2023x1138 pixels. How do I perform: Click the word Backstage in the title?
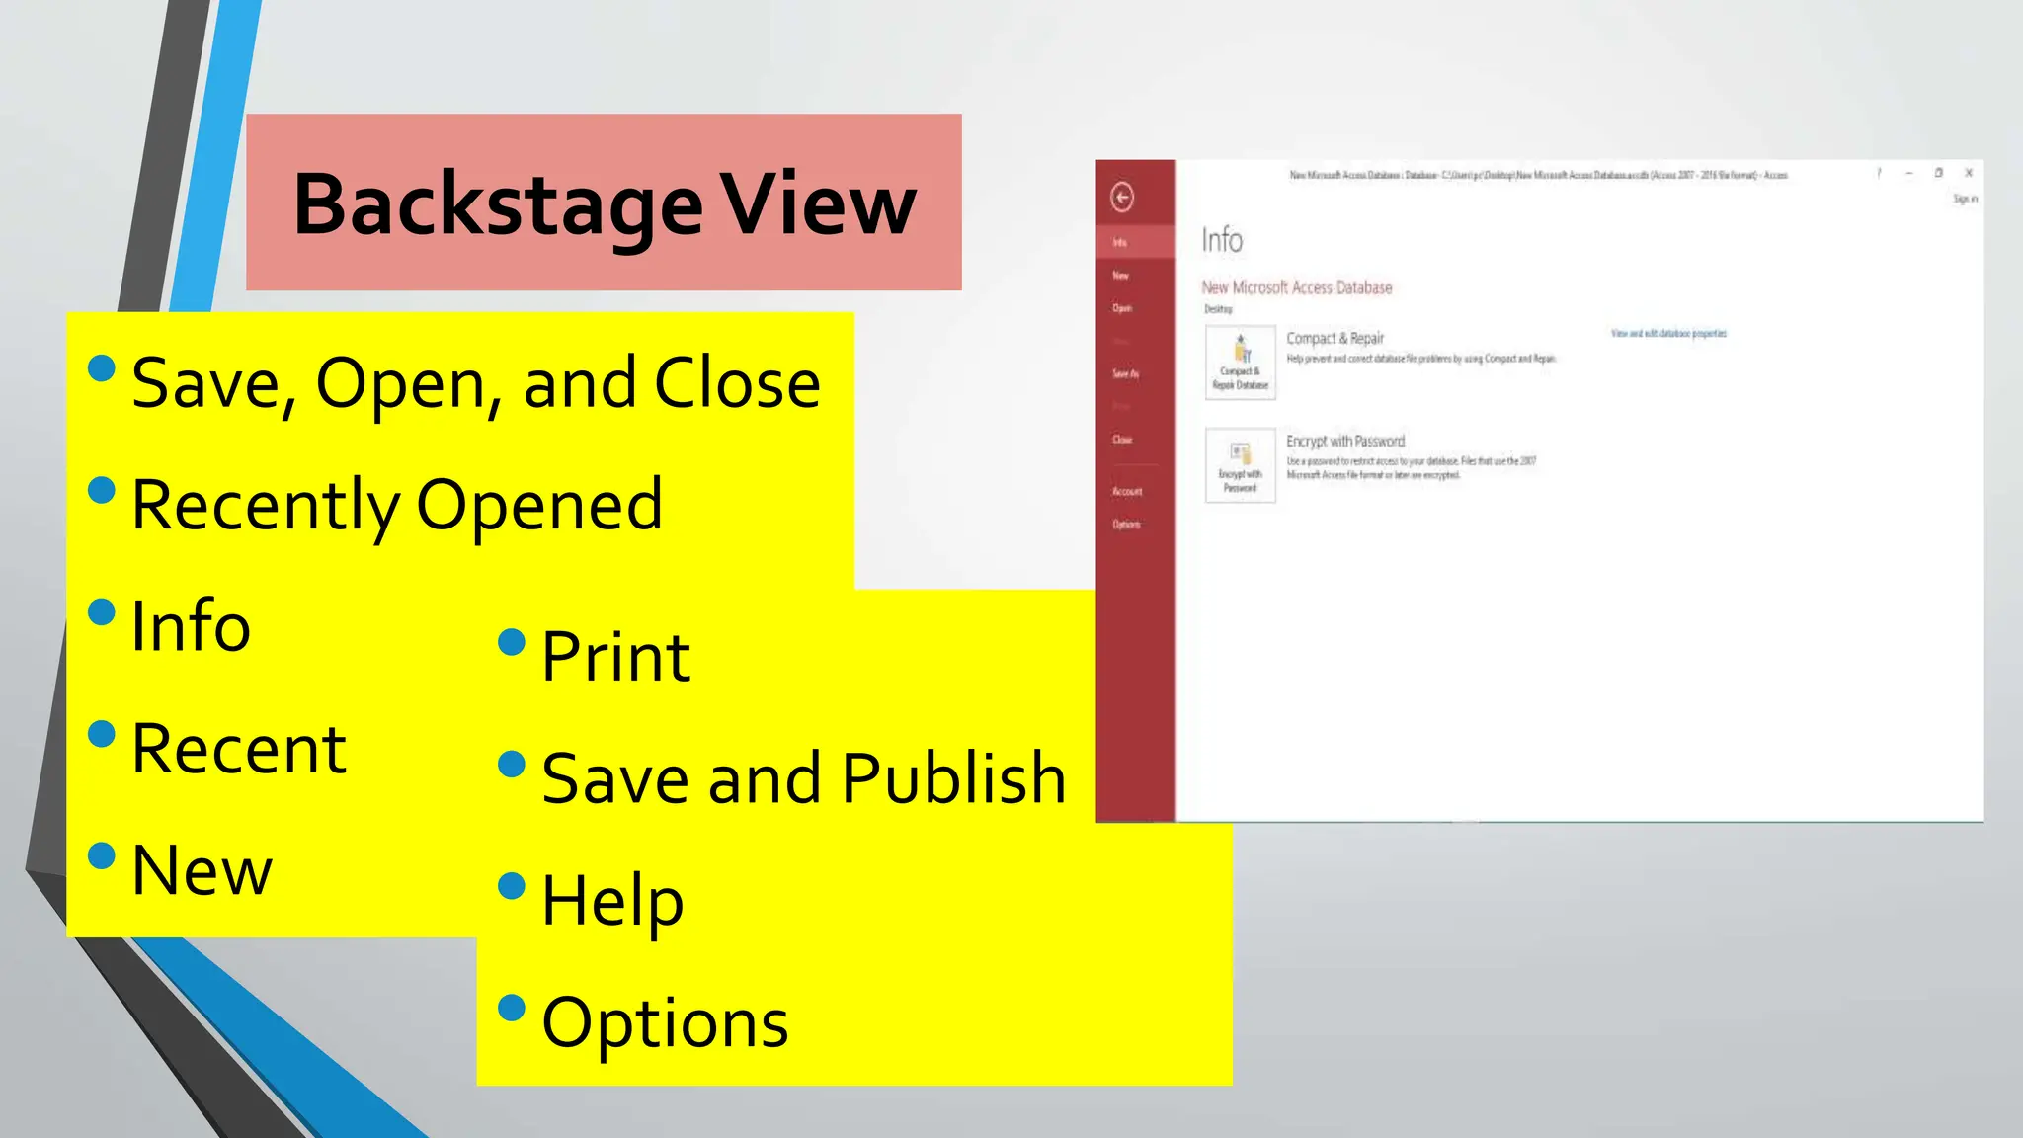pos(498,205)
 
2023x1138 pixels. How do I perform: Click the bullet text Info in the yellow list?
pos(191,626)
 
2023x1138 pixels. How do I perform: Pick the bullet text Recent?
pos(238,749)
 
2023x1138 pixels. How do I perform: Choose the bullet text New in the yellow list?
pos(202,871)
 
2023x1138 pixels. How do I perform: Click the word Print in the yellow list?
pos(615,657)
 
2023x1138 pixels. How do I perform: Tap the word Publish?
pos(954,778)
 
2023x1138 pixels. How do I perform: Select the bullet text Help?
pos(612,901)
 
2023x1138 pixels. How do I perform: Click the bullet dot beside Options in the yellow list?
pos(512,1008)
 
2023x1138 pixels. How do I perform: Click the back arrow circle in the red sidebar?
pos(1122,198)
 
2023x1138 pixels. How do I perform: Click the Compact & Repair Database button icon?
pos(1241,363)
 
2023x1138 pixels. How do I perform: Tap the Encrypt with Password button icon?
pos(1241,465)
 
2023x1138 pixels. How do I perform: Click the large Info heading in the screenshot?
pos(1222,240)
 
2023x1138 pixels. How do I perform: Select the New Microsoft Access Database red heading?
pos(1296,287)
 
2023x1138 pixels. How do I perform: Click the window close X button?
pos(1969,173)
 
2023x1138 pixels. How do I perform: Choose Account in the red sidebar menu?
pos(1127,491)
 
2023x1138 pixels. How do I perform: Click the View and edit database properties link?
pos(1668,334)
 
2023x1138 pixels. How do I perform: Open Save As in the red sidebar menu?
pos(1125,373)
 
